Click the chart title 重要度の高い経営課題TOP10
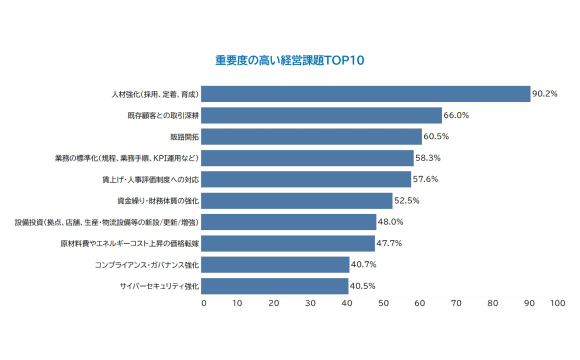290,60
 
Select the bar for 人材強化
366,94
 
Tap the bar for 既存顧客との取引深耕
322,115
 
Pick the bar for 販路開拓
312,137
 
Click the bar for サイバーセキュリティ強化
276,286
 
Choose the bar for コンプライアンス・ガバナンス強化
276,265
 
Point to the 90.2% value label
545,94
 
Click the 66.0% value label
457,115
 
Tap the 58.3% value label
429,158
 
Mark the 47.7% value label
390,243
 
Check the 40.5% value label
364,286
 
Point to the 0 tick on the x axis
204,301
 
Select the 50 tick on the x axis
384,301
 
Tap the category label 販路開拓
184,137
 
